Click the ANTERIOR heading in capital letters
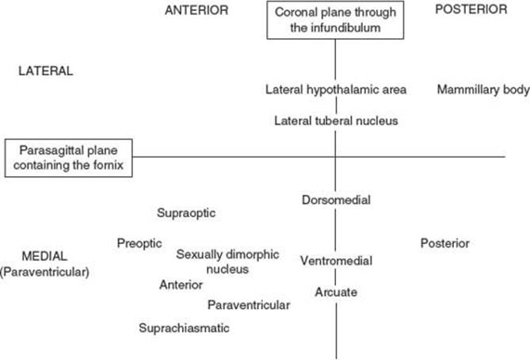(196, 10)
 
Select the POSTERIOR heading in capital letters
(471, 10)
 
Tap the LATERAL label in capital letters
(46, 71)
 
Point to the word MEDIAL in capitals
(44, 256)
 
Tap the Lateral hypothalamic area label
(336, 90)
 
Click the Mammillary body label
(483, 90)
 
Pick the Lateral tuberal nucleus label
(336, 121)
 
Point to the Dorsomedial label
(336, 200)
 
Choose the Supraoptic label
(186, 213)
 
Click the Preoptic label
(139, 243)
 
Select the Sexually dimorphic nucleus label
(227, 262)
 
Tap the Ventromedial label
(336, 261)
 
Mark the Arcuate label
(336, 292)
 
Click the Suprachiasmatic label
(184, 327)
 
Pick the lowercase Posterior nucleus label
(444, 243)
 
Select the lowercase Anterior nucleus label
(181, 285)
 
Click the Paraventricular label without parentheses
(249, 304)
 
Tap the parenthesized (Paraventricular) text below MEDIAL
(44, 272)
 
